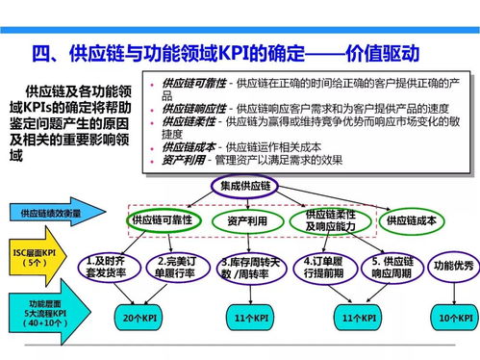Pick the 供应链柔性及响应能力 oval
click(329, 220)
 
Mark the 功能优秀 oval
click(452, 265)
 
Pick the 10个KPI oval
click(450, 316)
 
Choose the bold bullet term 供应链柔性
click(190, 123)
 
